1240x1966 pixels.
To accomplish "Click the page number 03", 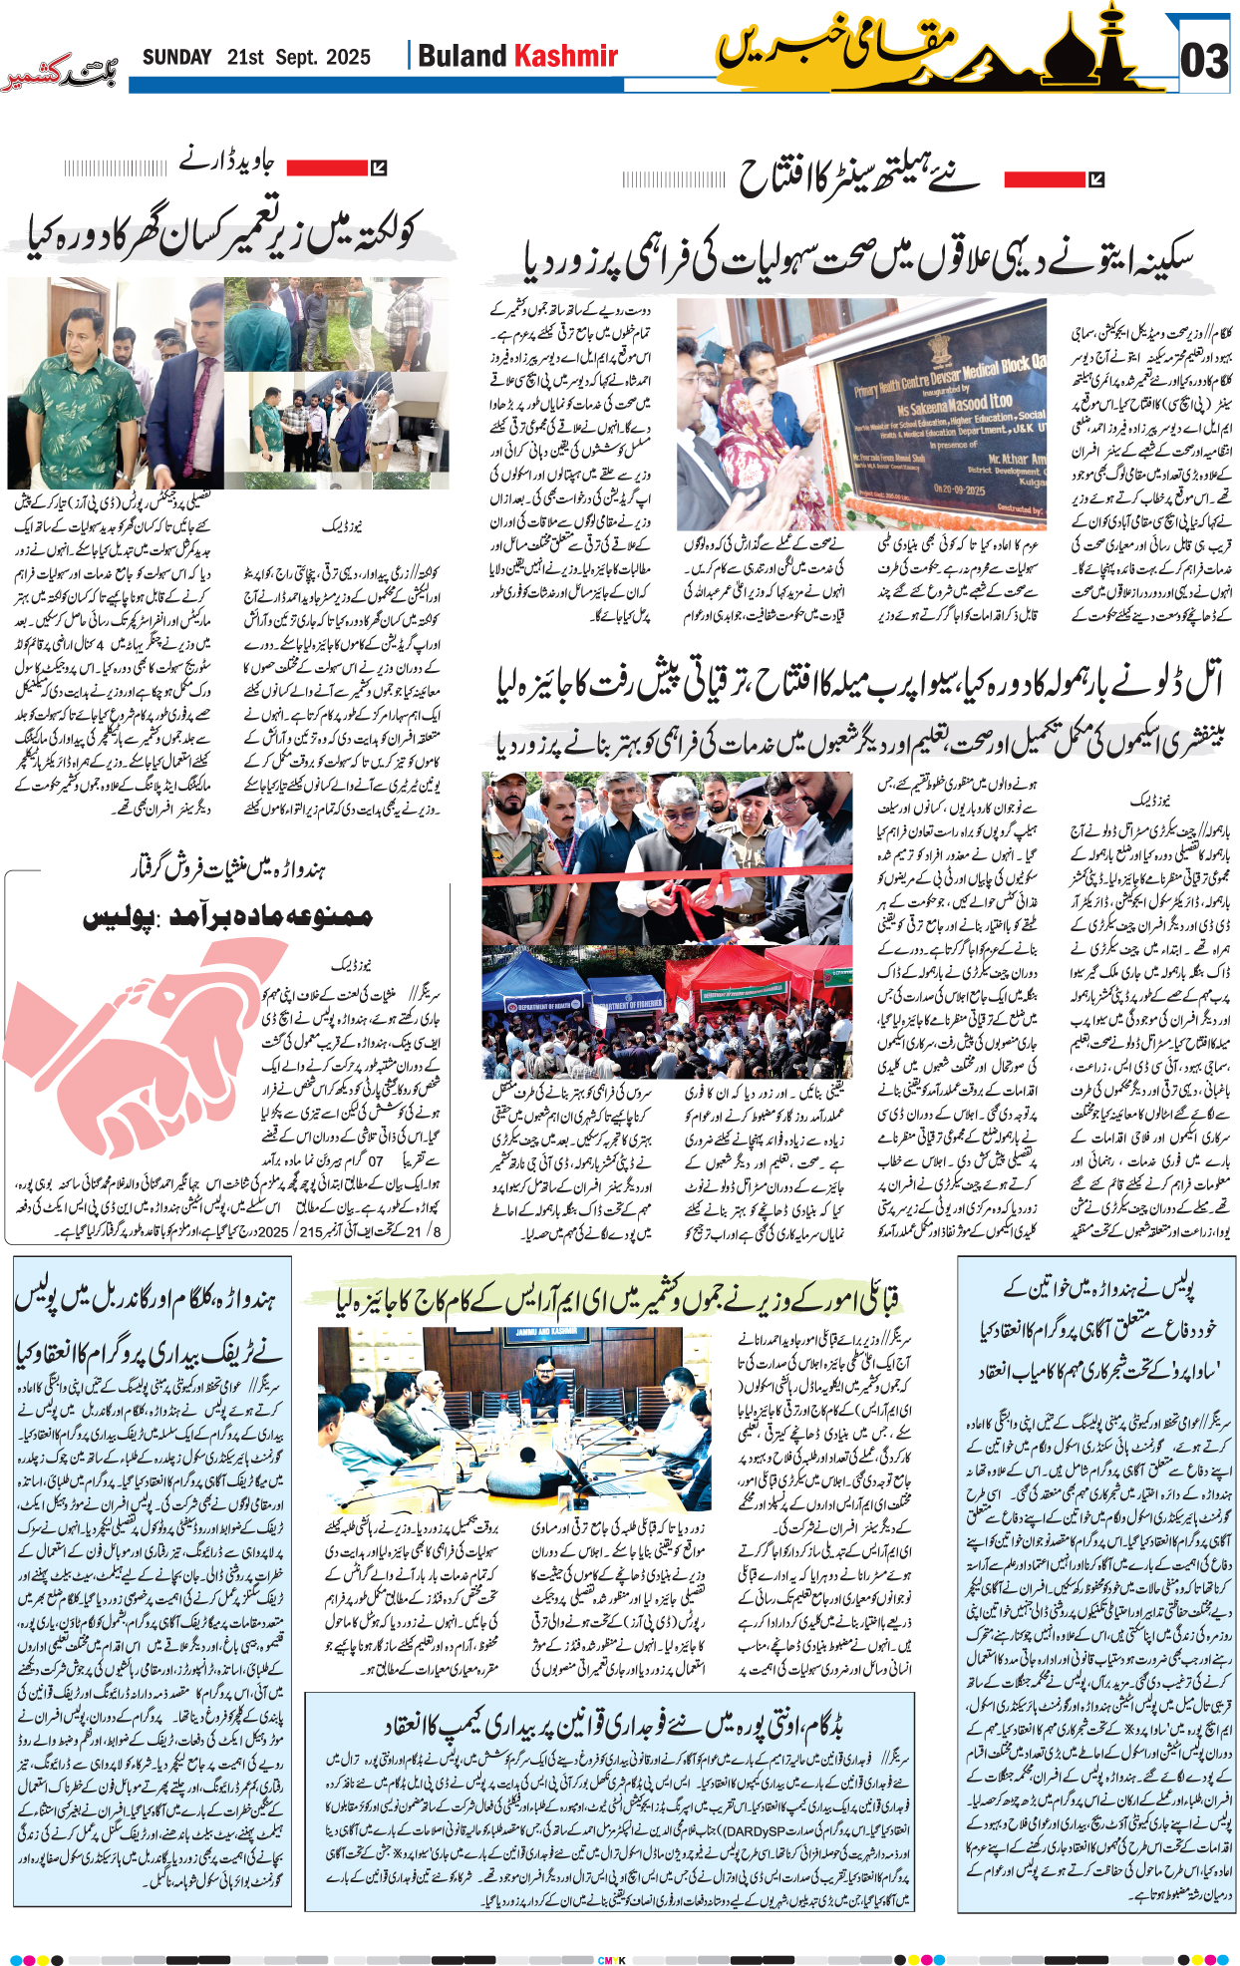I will tap(1204, 62).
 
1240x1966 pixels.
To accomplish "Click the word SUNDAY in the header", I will tap(176, 58).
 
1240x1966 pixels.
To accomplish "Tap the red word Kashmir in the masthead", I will tap(565, 57).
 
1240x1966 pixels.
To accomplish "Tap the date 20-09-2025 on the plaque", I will tap(958, 490).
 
